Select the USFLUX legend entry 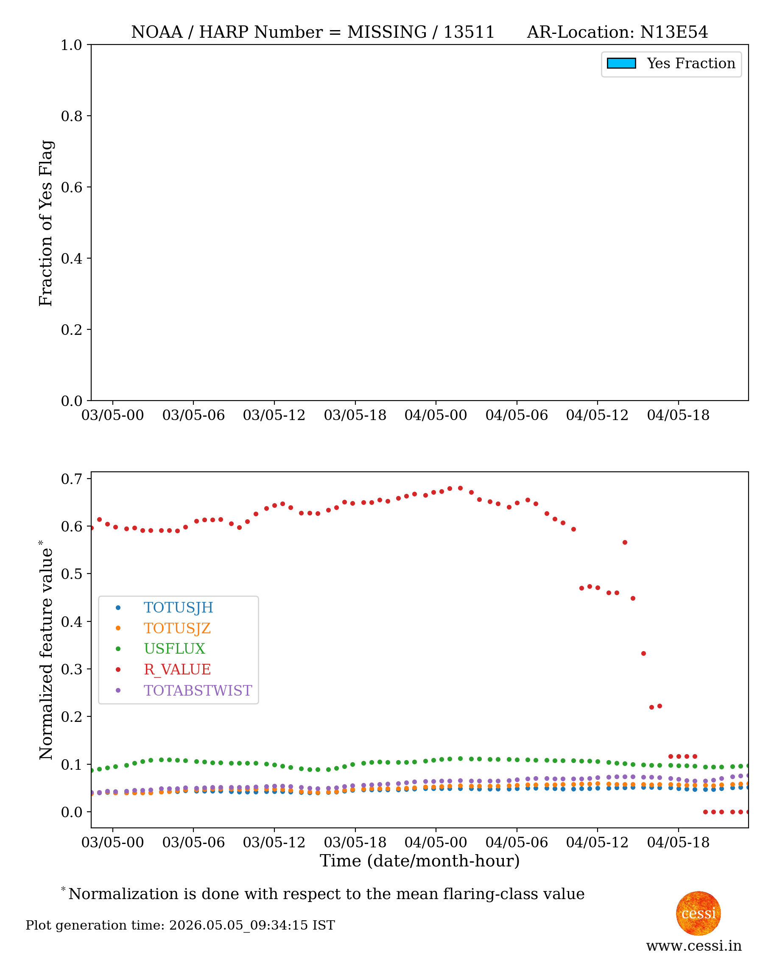tap(174, 649)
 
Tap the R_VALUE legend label tap(177, 670)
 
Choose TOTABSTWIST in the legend tap(198, 691)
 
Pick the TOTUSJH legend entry tap(179, 608)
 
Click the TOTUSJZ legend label tap(177, 628)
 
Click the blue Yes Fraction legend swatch tap(621, 63)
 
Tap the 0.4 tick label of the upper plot tap(72, 259)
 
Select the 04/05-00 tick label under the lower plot tap(436, 843)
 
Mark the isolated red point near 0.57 tap(625, 543)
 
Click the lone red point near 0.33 tap(643, 654)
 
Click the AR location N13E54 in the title tap(673, 32)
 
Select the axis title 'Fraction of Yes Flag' tap(46, 223)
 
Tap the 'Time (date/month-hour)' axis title tap(419, 861)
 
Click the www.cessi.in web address tap(694, 946)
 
